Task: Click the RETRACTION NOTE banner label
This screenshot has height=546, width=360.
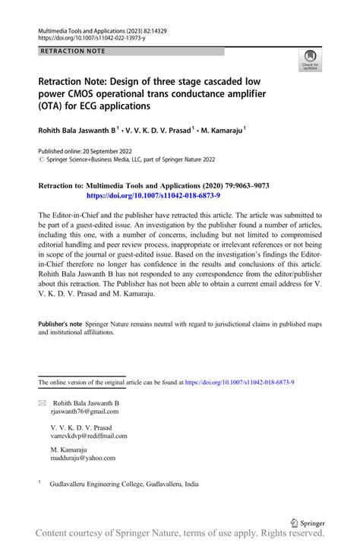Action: [x=73, y=51]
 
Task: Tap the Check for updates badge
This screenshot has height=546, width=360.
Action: [x=310, y=60]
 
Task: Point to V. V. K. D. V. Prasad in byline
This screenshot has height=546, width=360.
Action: [x=156, y=131]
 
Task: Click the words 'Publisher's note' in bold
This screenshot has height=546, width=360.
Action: [x=61, y=324]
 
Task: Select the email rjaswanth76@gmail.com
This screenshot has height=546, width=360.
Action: [x=84, y=411]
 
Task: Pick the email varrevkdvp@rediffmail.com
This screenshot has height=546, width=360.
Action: [x=89, y=437]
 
